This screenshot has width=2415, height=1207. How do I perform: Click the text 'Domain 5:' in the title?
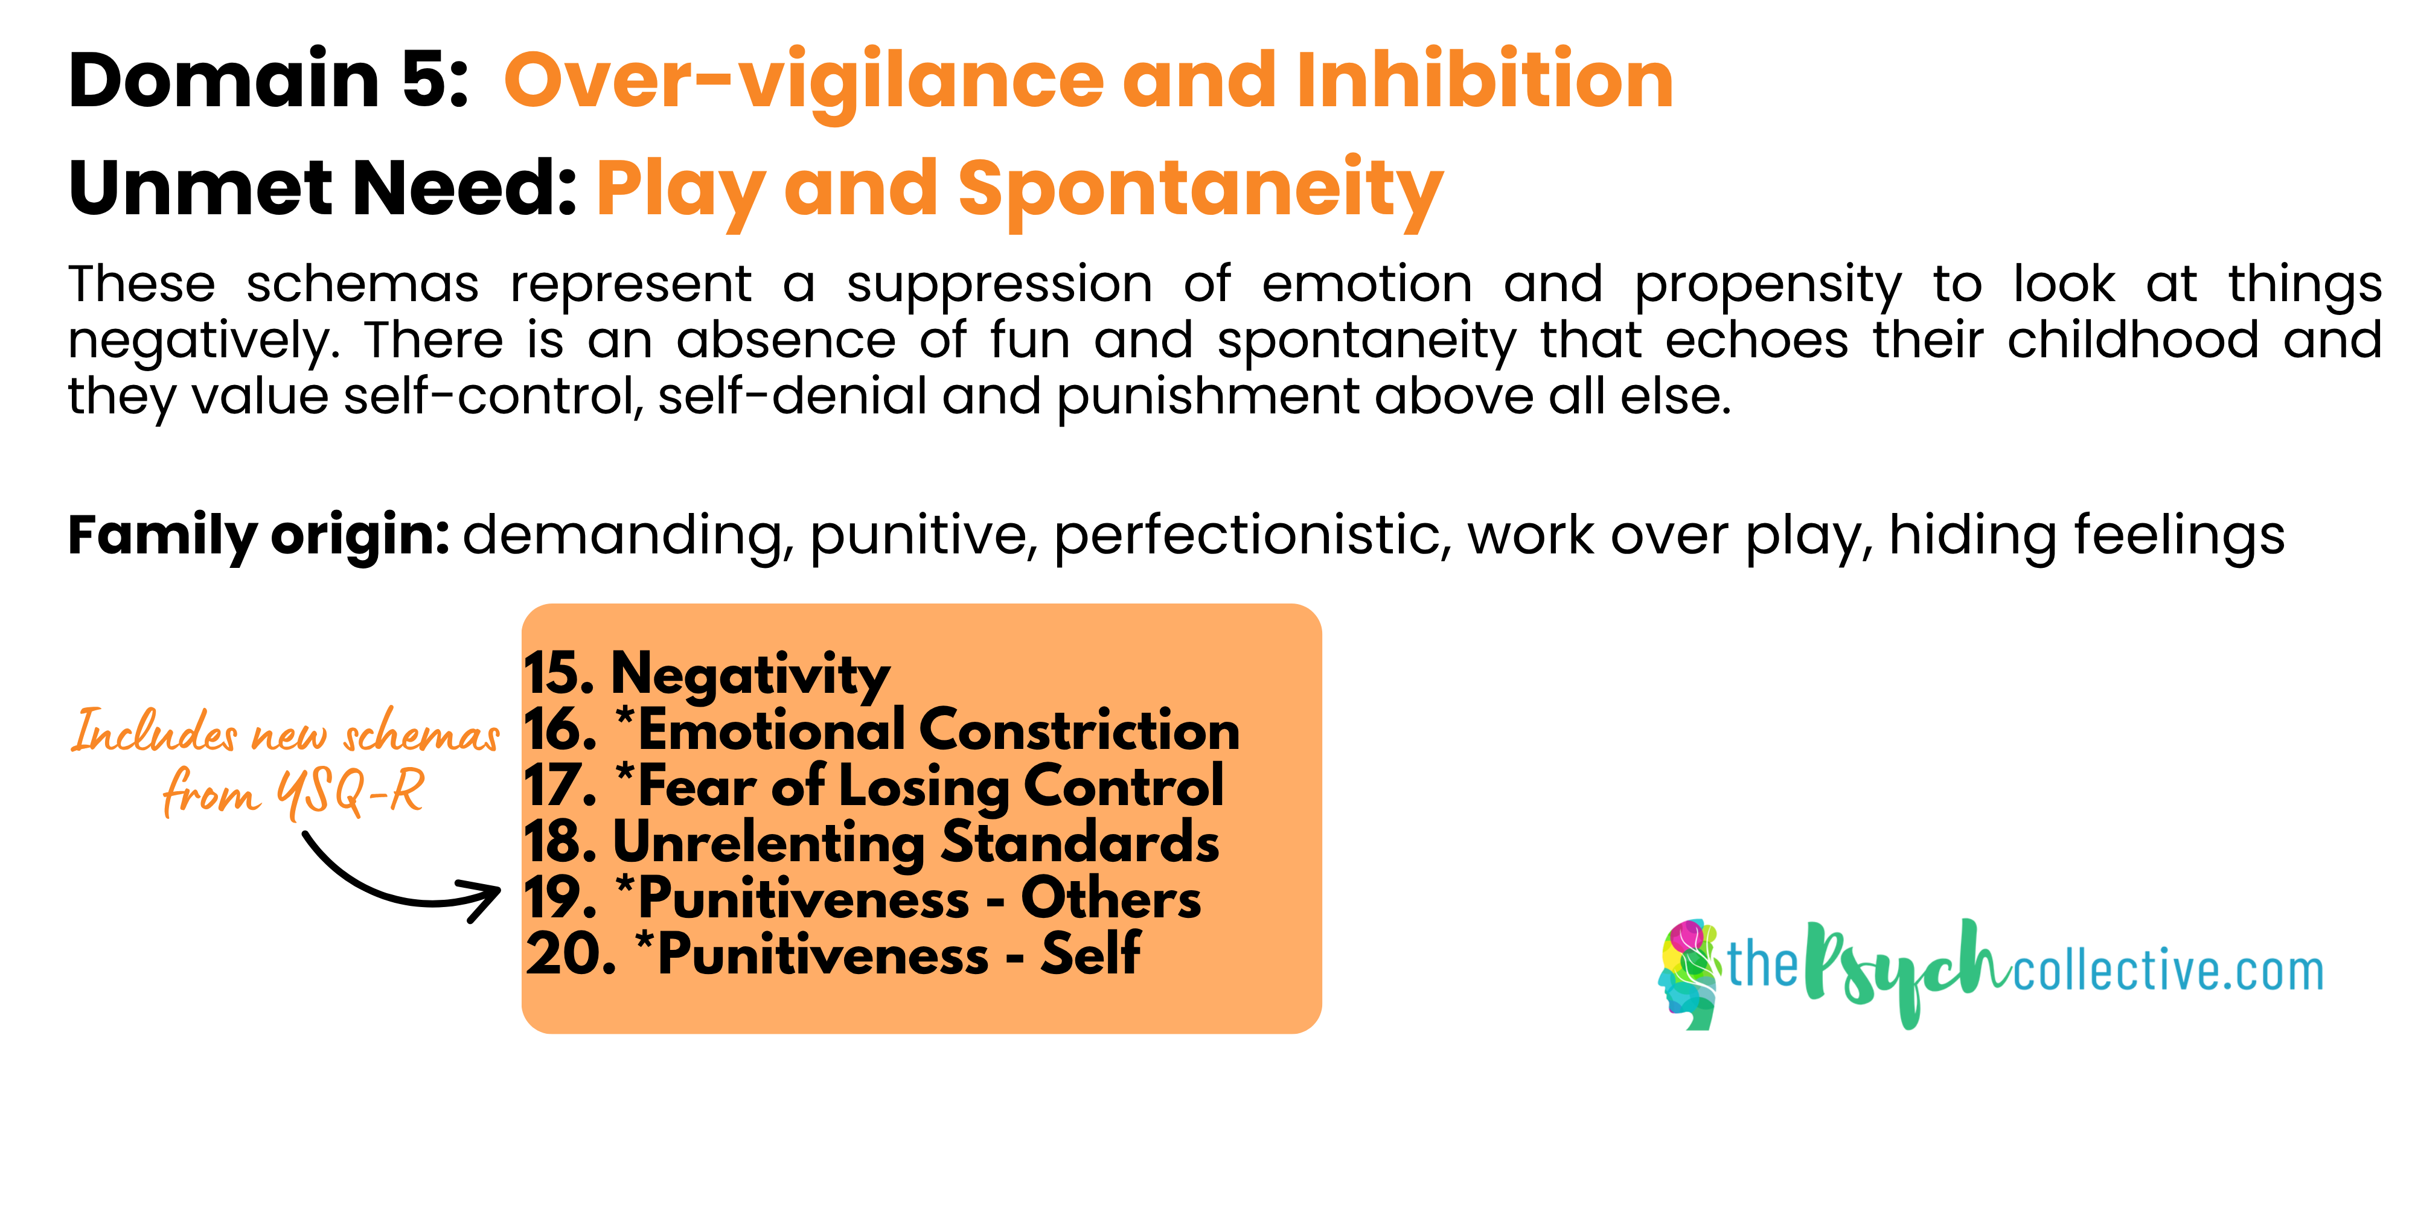coord(268,81)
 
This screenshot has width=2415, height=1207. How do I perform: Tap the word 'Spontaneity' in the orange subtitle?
coord(1200,191)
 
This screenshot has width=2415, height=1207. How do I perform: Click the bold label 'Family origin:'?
coord(259,536)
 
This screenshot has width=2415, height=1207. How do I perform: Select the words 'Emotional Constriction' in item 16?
coord(938,730)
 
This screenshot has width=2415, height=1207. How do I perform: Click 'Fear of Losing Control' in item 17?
coord(930,786)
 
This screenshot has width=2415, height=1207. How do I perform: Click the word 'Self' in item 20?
coord(1090,955)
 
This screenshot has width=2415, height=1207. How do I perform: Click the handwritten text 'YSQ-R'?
coord(350,793)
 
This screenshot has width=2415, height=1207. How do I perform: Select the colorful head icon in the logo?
coord(1689,975)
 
